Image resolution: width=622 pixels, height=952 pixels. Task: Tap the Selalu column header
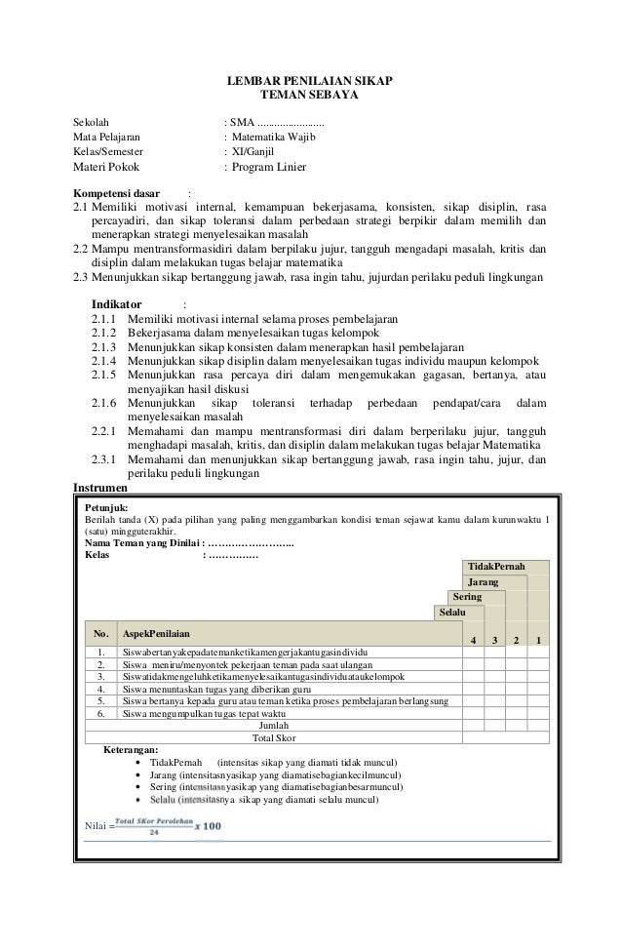tap(451, 612)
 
